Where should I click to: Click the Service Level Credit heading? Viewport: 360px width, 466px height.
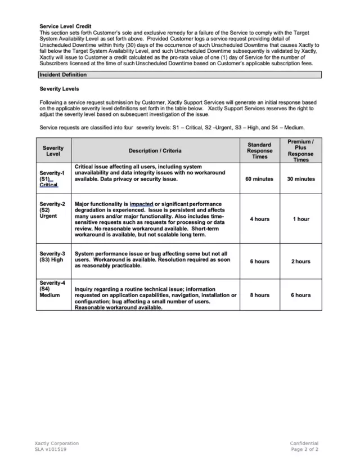pos(65,26)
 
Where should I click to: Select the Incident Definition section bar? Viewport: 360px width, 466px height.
pos(179,74)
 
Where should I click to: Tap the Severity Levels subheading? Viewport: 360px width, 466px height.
pos(59,89)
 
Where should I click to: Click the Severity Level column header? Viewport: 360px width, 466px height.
pos(53,151)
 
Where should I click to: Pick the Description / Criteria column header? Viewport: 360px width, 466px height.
pos(155,151)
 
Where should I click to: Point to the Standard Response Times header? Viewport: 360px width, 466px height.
pos(259,151)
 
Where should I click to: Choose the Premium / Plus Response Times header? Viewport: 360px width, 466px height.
pos(300,151)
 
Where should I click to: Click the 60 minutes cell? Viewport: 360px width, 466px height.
pos(259,179)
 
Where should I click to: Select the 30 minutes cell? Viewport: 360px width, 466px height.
pos(300,179)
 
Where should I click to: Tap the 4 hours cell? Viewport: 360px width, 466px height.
pos(259,219)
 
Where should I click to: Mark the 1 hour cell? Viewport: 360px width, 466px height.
pos(300,219)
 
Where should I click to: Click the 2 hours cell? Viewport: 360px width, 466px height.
pos(300,261)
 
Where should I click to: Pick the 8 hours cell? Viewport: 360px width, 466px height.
pos(259,295)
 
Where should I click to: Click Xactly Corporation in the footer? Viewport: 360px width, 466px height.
pos(57,443)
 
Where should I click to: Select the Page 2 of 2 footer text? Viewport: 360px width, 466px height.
pos(304,450)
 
